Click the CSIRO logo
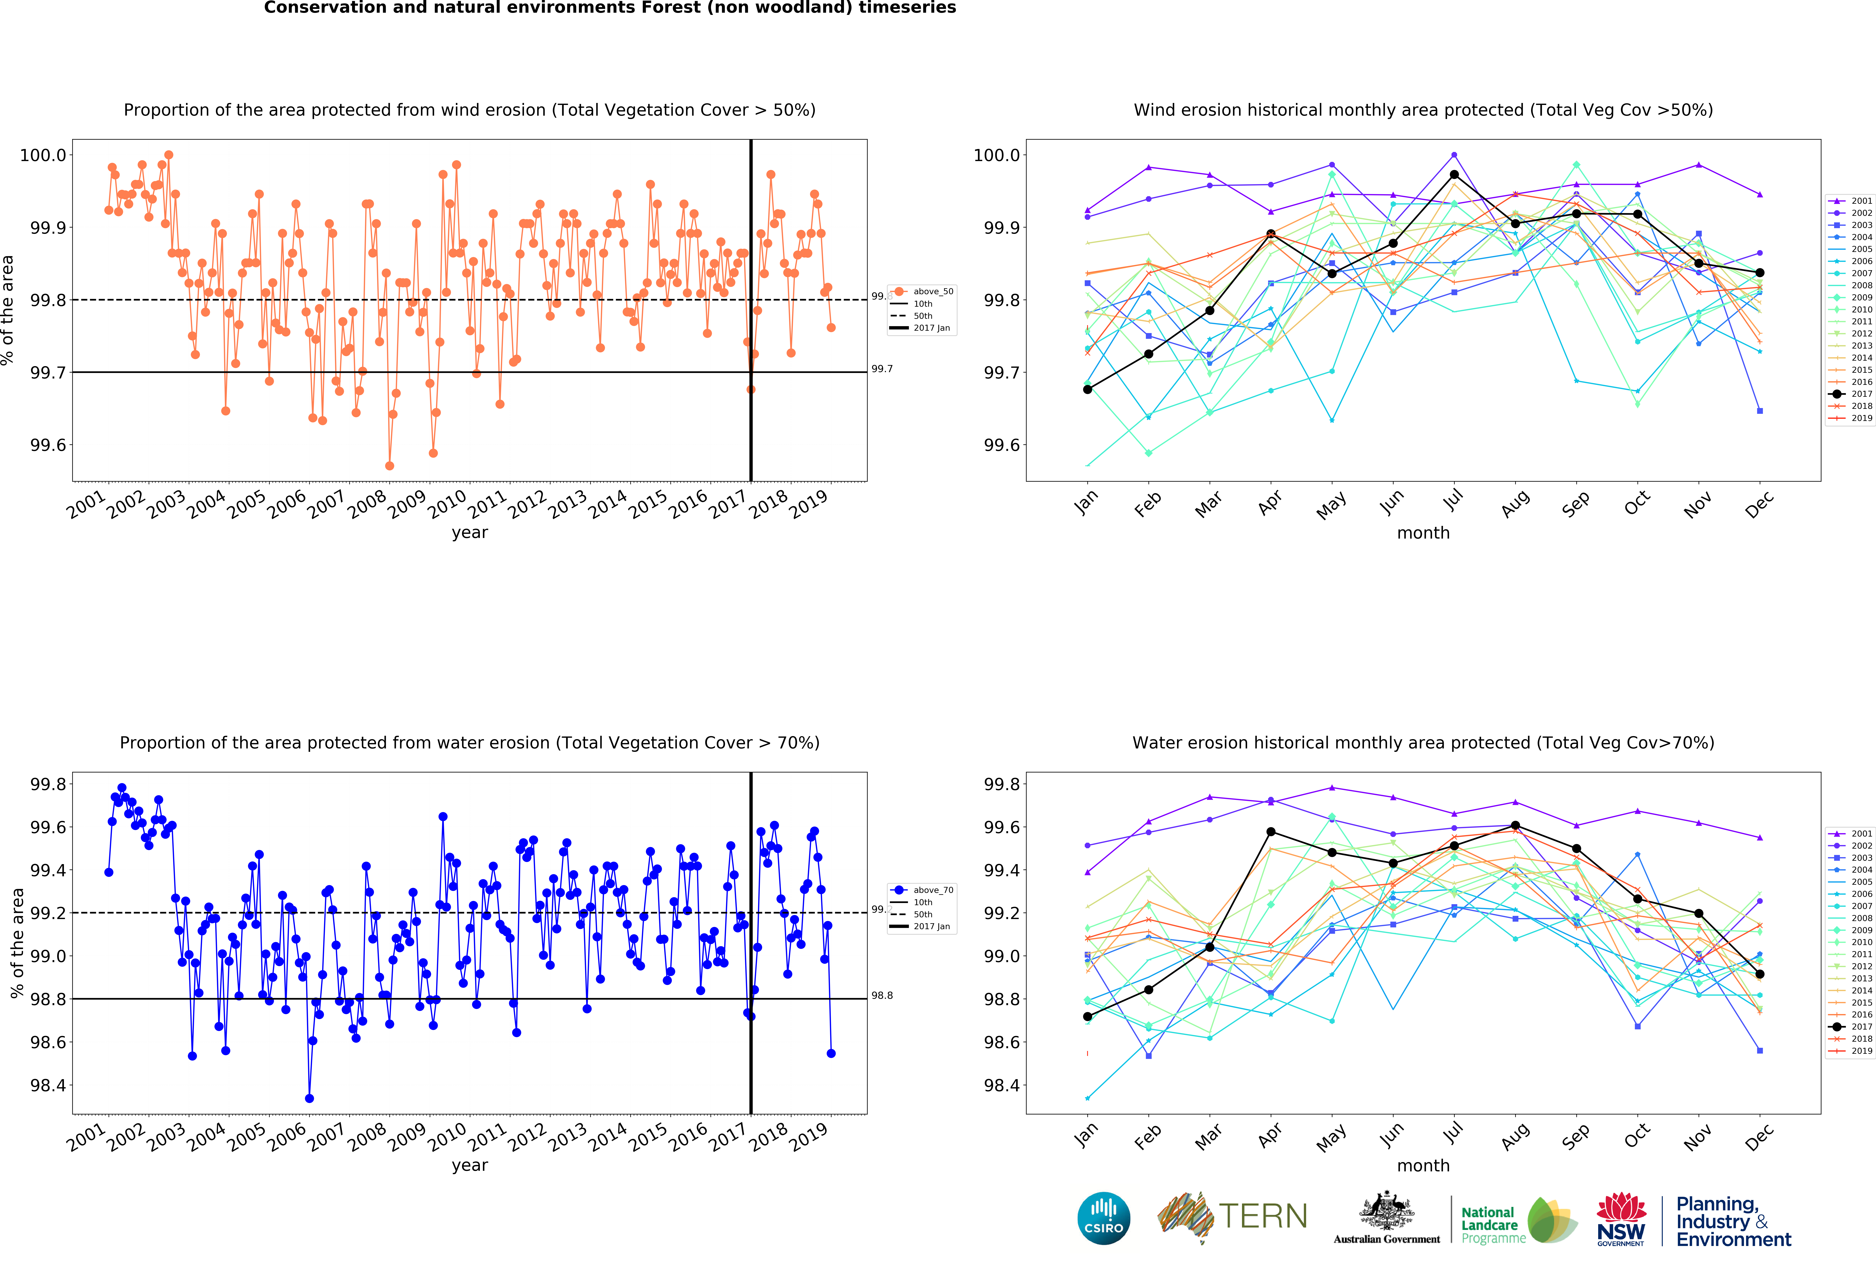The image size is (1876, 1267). coord(1103,1218)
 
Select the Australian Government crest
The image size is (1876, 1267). coord(1386,1210)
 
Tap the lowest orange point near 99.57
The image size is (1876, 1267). coord(389,466)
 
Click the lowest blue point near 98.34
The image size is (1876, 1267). coord(309,1098)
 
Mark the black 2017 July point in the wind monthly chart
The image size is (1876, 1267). coord(1454,174)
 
